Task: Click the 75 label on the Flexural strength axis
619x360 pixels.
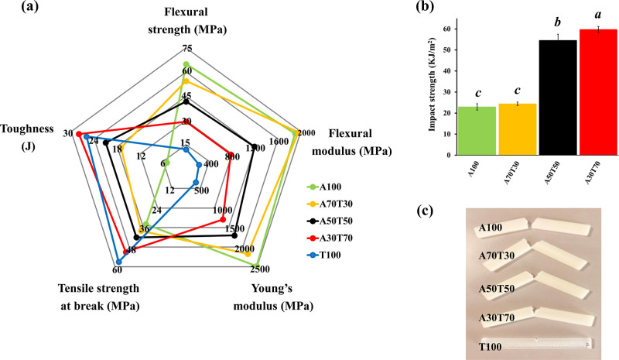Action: pos(186,49)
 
